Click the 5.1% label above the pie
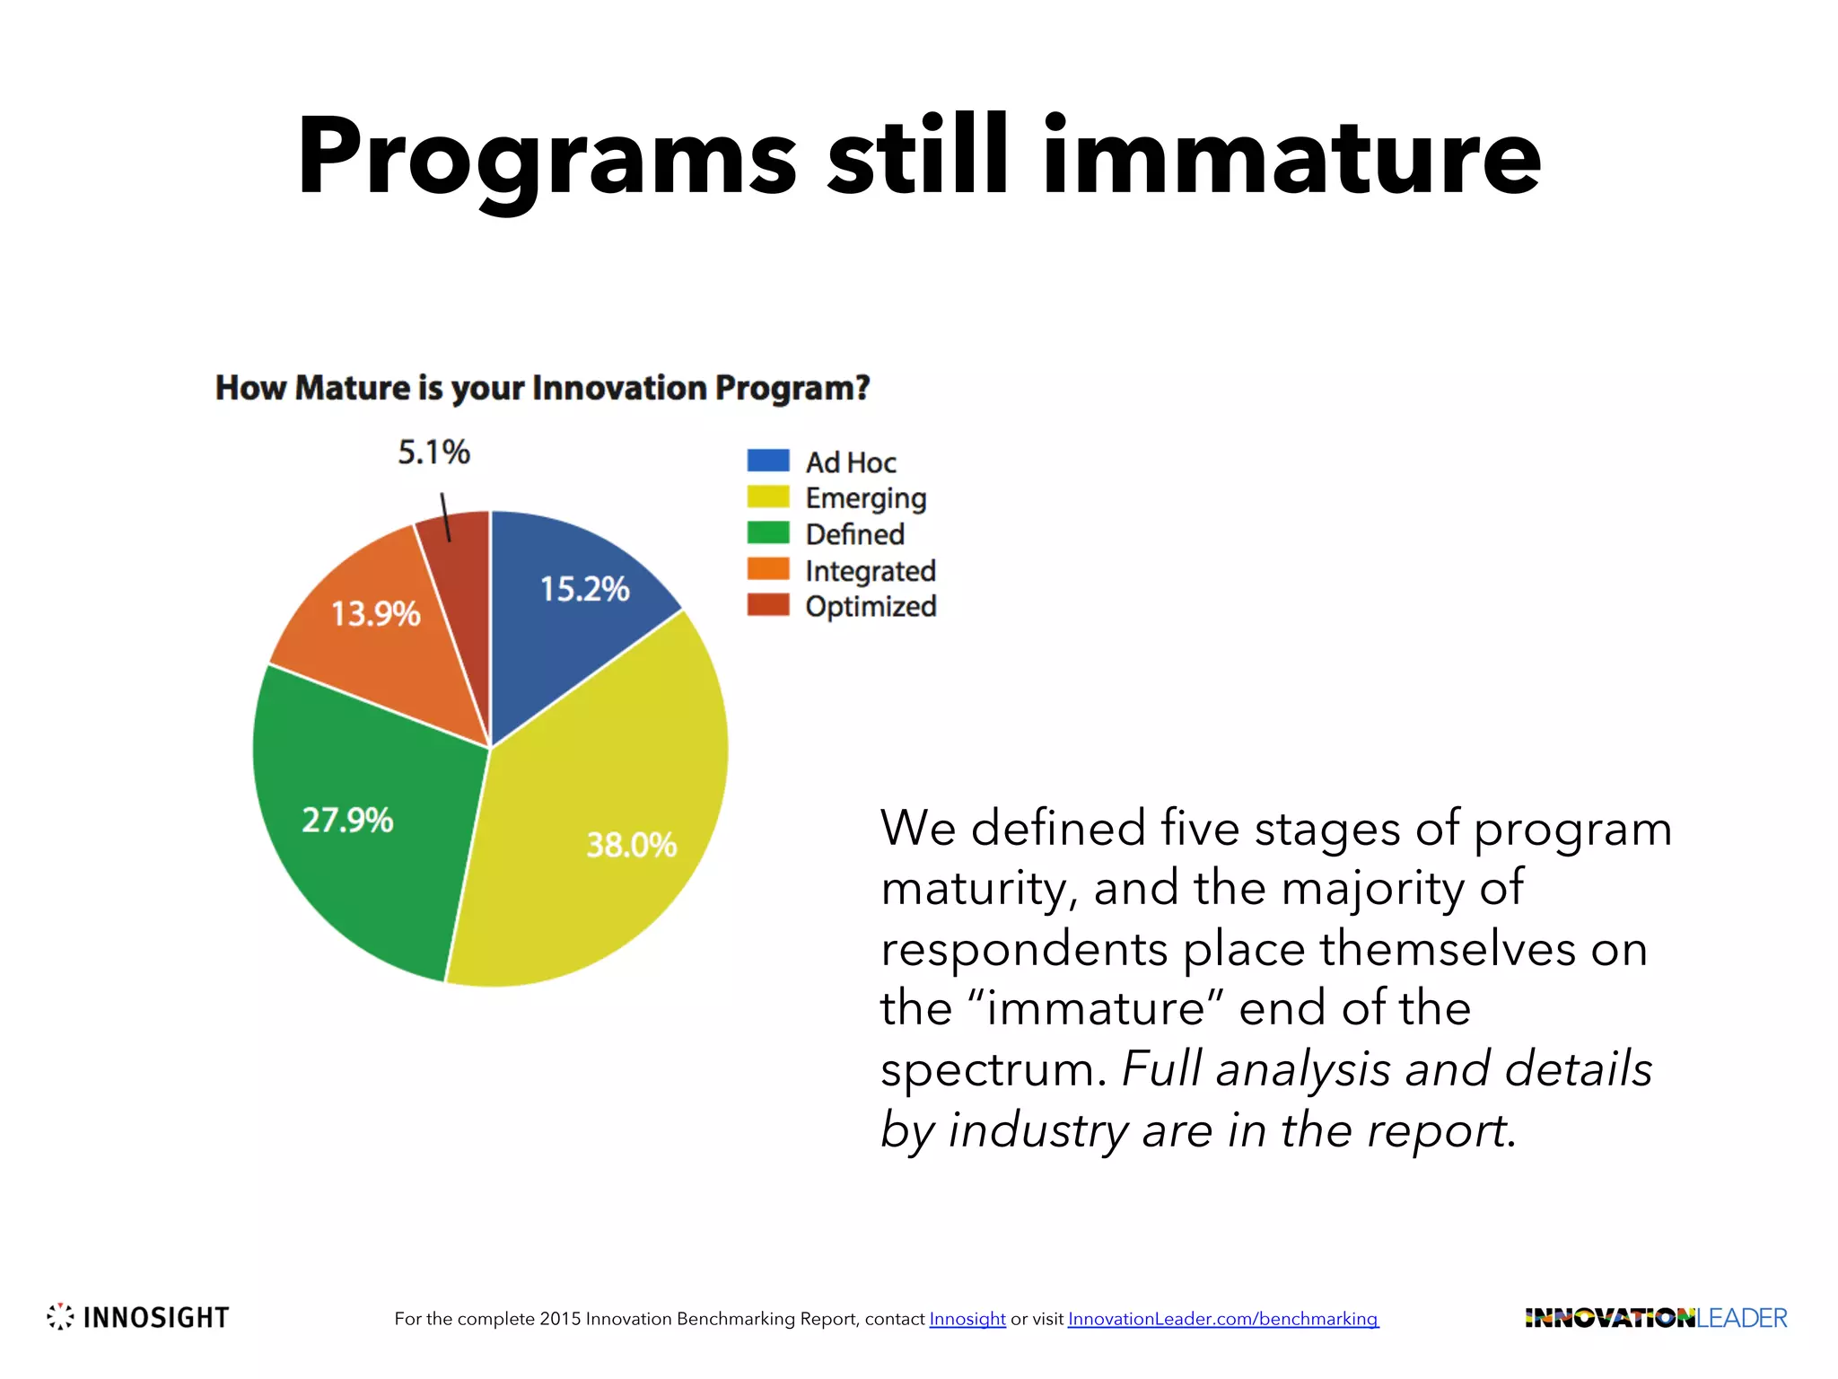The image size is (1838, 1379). pos(433,452)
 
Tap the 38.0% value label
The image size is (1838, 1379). pos(631,845)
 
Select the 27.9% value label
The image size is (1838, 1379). pos(347,820)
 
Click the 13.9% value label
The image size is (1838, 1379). pos(375,614)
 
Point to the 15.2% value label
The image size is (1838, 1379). pos(584,589)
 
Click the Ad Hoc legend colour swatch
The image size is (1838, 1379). pos(768,461)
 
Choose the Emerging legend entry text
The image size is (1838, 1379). pos(865,498)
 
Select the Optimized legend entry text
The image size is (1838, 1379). pos(871,606)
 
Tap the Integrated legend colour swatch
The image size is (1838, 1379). pos(768,569)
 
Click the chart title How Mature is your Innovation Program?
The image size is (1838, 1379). pos(542,388)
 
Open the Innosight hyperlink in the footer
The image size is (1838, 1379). pos(967,1319)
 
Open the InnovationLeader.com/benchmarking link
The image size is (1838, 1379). pos(1222,1319)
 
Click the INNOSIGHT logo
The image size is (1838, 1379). pos(138,1317)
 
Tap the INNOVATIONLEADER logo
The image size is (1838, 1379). pos(1655,1318)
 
